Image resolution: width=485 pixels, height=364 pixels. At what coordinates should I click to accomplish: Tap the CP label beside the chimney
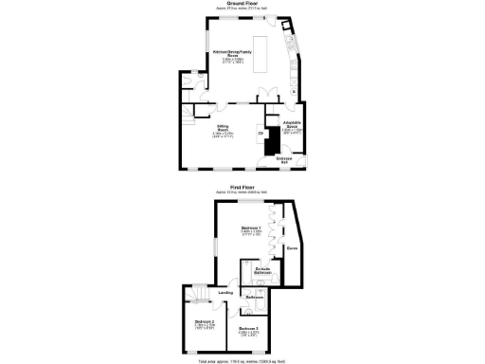(260, 134)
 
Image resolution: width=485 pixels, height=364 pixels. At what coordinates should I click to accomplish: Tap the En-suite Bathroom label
(264, 273)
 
